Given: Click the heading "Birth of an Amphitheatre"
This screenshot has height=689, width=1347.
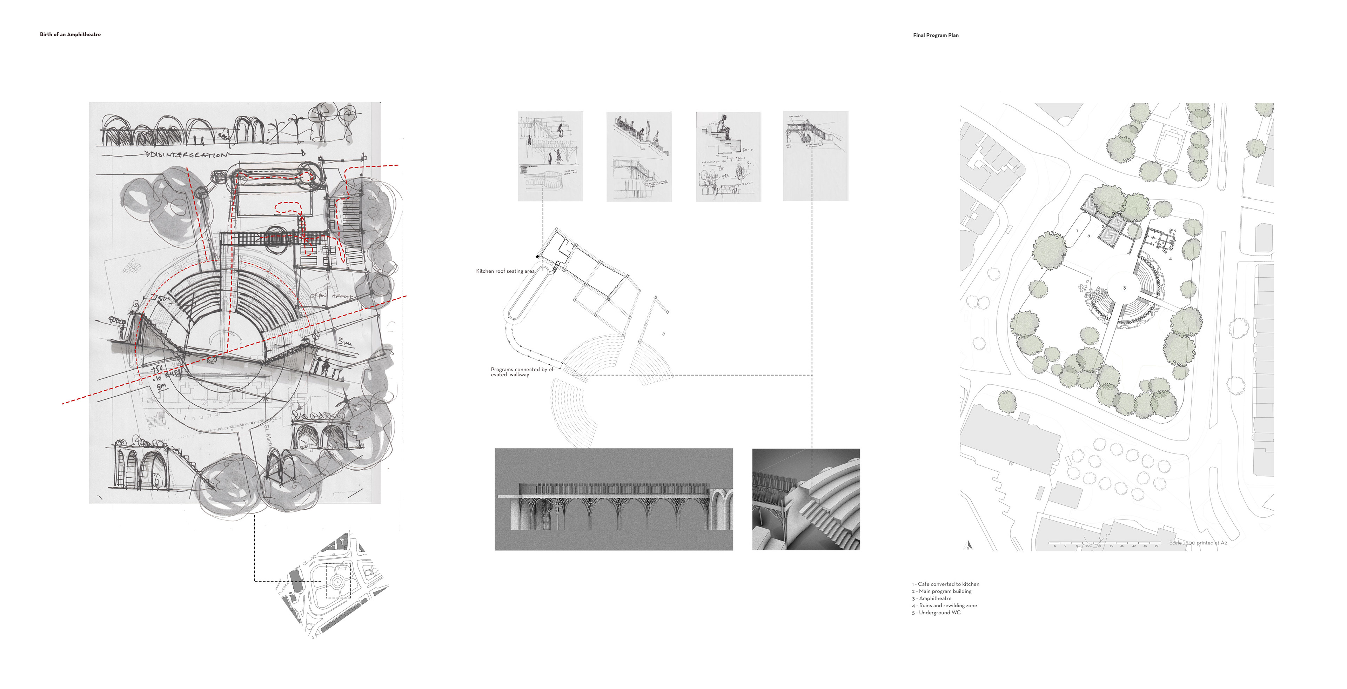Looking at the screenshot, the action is [70, 34].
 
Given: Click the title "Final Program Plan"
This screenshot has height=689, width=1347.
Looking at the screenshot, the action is [936, 35].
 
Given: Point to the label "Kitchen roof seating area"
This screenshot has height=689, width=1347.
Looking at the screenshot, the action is [505, 271].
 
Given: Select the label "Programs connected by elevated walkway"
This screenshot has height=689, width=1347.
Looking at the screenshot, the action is [521, 372].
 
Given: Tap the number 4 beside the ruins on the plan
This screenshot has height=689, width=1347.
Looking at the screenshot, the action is [1170, 258].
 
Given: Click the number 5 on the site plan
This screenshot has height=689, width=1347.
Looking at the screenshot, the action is [1089, 236].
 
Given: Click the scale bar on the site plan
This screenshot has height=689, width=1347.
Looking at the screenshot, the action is [1103, 544].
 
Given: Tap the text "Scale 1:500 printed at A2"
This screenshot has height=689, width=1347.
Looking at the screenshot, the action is [1198, 543].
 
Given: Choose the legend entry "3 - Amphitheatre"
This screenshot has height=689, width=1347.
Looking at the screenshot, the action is [931, 598].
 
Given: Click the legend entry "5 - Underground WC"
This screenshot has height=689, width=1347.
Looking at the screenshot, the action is [936, 612].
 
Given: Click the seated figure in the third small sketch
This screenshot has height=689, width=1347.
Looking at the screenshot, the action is [724, 126].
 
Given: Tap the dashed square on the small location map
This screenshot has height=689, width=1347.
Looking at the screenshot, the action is [338, 580].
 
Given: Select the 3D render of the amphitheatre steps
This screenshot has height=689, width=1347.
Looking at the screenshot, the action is [806, 499].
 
